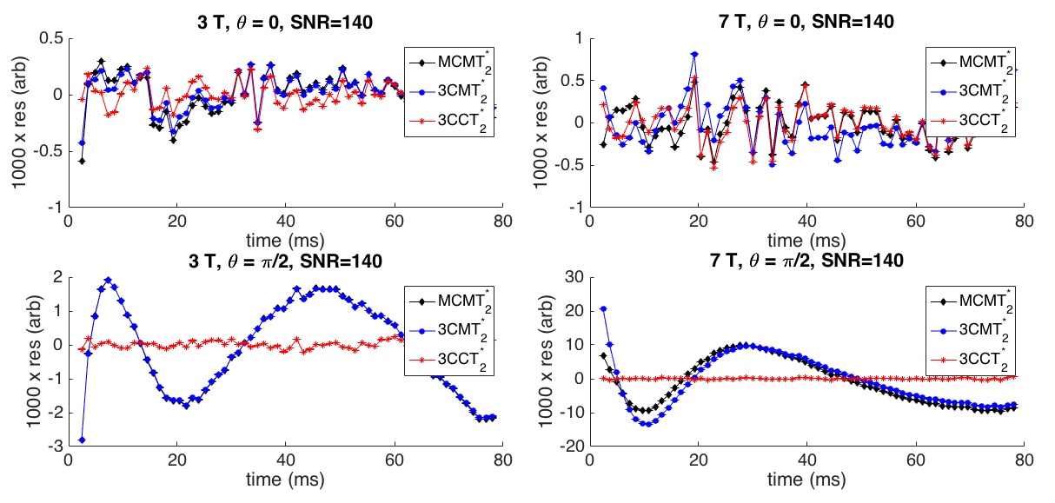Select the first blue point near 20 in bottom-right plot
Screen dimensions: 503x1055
coord(603,308)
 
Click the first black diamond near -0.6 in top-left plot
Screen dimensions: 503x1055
coord(82,161)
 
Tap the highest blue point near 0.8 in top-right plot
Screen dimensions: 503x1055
coord(694,54)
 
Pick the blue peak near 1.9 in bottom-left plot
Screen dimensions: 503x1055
coord(109,280)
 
